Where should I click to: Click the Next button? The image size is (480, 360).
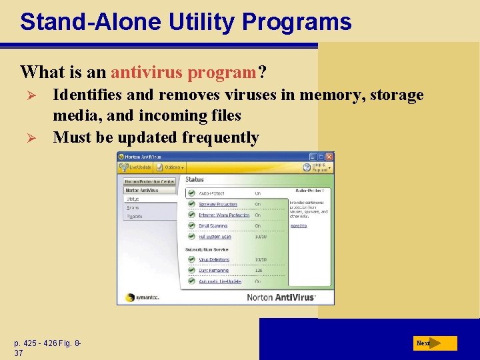(x=434, y=343)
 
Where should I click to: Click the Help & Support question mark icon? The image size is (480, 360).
(x=307, y=167)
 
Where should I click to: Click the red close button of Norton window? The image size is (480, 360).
(x=329, y=157)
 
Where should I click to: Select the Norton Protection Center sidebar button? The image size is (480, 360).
(x=150, y=181)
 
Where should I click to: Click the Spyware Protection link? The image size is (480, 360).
(x=217, y=204)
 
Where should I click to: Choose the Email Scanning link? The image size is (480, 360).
(x=213, y=226)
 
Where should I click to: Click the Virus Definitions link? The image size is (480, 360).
(x=213, y=259)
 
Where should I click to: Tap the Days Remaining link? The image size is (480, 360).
(x=213, y=270)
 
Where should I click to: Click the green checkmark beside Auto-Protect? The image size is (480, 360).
(x=191, y=193)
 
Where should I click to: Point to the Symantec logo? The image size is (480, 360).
(x=139, y=297)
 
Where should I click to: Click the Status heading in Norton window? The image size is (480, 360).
(x=195, y=179)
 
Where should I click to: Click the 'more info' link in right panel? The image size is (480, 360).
(x=298, y=226)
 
